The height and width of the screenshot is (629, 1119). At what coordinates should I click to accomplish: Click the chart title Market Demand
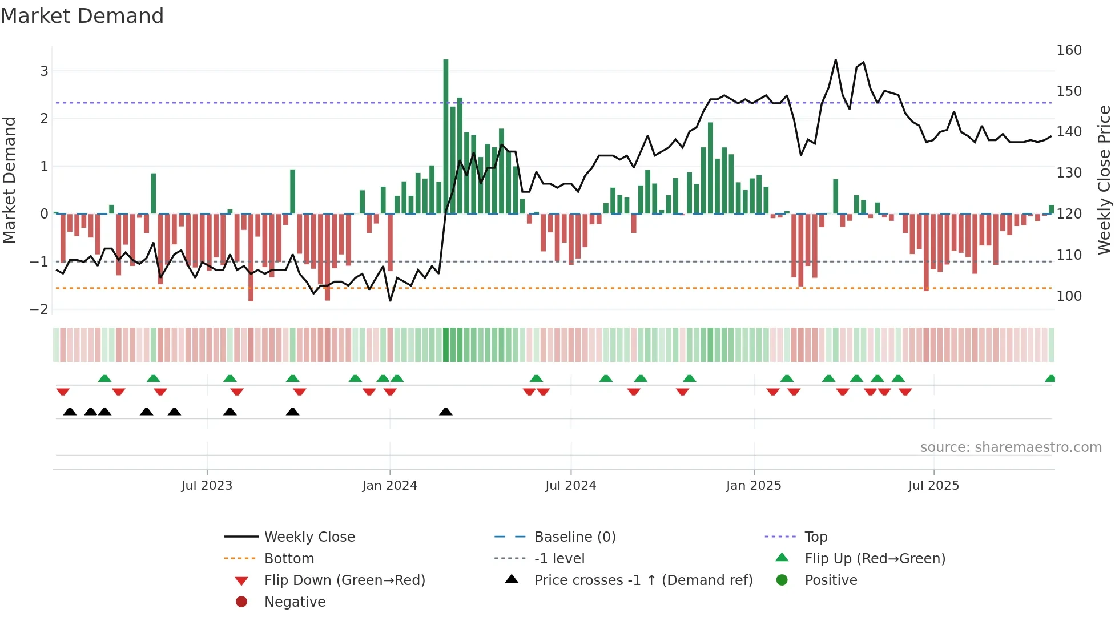click(82, 16)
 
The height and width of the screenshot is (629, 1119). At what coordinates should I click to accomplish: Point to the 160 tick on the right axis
click(1069, 50)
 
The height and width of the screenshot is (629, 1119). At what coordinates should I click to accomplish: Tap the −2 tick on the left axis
click(39, 309)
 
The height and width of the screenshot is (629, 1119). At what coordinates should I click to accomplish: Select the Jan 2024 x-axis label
click(389, 486)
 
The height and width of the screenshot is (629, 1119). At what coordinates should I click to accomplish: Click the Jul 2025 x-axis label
click(933, 486)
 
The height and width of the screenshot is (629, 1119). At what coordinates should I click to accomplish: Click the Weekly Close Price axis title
click(1104, 180)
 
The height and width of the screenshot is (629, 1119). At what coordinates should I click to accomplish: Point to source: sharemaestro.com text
click(1011, 447)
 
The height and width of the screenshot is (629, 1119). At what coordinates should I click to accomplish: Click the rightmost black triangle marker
click(446, 412)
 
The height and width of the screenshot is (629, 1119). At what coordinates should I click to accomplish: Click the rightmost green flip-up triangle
click(1050, 378)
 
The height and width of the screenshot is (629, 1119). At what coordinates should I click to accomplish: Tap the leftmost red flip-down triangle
click(63, 392)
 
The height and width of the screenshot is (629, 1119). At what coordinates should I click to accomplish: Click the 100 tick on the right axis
click(1069, 296)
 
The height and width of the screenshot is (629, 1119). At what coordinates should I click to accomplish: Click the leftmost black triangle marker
click(70, 412)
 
